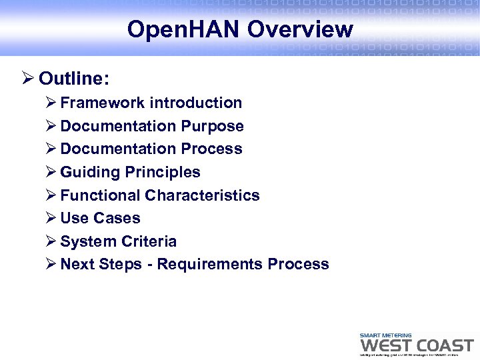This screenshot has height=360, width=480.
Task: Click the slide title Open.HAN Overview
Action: pyautogui.click(x=240, y=29)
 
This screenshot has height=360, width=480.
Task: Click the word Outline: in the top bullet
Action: pyautogui.click(x=74, y=79)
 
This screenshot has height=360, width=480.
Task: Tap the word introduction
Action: pyautogui.click(x=196, y=103)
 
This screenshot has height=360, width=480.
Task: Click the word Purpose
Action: pyautogui.click(x=212, y=126)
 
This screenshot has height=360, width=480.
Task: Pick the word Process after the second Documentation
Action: pyautogui.click(x=211, y=149)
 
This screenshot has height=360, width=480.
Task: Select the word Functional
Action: pyautogui.click(x=100, y=195)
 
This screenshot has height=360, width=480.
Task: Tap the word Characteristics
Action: pyautogui.click(x=202, y=195)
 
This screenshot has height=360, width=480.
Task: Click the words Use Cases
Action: pyautogui.click(x=100, y=218)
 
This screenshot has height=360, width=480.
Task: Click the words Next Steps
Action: pyautogui.click(x=101, y=264)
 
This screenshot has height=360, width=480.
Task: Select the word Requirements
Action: pyautogui.click(x=210, y=264)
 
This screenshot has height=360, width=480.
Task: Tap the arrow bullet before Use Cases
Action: pyautogui.click(x=51, y=218)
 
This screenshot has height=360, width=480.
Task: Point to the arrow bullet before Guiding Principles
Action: pyautogui.click(x=51, y=172)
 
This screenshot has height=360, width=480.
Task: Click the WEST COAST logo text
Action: pyautogui.click(x=416, y=345)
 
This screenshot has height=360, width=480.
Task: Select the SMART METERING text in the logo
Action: pyautogui.click(x=385, y=335)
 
